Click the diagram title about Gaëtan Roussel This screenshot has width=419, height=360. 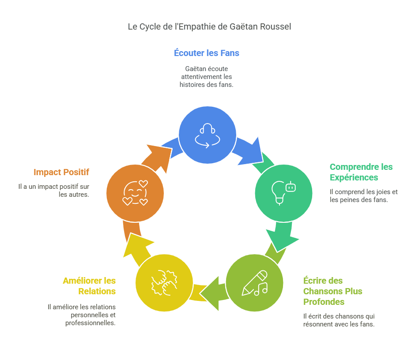coord(209,27)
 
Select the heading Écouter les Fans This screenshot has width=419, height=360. coord(207,53)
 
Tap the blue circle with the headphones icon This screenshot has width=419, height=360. coord(208,135)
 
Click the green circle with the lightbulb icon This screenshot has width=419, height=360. coord(283,193)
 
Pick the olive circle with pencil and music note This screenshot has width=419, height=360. coord(254,283)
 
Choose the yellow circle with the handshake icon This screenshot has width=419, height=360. coord(164,283)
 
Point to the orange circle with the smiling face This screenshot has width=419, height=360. coord(135,193)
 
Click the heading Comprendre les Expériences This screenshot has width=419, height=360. coord(361,172)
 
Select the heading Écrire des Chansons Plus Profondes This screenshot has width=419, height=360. coord(333,291)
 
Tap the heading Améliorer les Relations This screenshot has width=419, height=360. coord(89,286)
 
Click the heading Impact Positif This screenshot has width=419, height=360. coord(61,172)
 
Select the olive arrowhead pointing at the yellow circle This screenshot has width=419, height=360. coord(211,293)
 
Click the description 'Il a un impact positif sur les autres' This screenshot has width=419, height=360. coord(54,191)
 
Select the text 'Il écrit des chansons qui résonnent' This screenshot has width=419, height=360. coord(339,320)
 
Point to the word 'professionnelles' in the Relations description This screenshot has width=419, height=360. coord(90,323)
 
